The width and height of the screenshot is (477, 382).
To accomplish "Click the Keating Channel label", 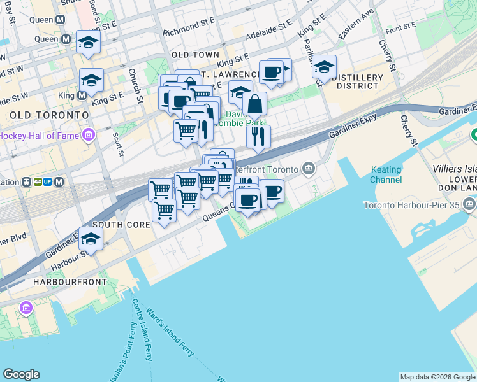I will tap(386, 174).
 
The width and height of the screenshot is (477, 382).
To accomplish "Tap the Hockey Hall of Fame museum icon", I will tap(88, 135).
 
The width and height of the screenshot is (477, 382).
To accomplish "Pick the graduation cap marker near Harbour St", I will tap(91, 239).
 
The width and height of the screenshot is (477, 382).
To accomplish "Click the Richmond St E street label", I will tap(188, 29).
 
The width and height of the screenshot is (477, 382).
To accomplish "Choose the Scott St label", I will tap(117, 143).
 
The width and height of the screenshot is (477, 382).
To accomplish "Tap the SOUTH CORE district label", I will tap(121, 225).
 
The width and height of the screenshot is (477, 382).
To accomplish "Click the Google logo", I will tap(21, 374).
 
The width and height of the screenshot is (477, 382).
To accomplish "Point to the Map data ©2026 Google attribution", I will tap(437, 377).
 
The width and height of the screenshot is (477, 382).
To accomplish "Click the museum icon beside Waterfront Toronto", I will tap(309, 169).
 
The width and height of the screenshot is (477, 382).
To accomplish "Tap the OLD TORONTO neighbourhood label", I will tap(48, 115).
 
